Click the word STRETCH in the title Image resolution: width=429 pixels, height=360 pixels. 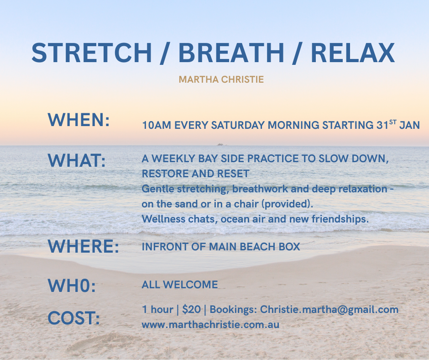pyautogui.click(x=92, y=53)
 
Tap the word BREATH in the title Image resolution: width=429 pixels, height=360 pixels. pyautogui.click(x=231, y=53)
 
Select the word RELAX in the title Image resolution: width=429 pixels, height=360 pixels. pyautogui.click(x=353, y=53)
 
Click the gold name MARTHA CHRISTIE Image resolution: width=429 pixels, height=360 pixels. pyautogui.click(x=221, y=79)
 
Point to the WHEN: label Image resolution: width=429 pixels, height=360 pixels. pyautogui.click(x=79, y=120)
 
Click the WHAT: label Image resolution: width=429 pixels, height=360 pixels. pyautogui.click(x=77, y=160)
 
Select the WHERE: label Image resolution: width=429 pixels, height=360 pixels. pyautogui.click(x=84, y=246)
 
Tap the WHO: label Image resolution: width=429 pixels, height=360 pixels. pyautogui.click(x=72, y=286)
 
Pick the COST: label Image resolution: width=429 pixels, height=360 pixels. pyautogui.click(x=74, y=318)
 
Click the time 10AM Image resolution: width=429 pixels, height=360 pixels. pyautogui.click(x=157, y=125)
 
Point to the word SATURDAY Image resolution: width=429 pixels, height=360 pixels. pyautogui.click(x=238, y=125)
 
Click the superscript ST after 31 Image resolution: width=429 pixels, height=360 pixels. pyautogui.click(x=393, y=122)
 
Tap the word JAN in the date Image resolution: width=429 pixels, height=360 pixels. pyautogui.click(x=409, y=125)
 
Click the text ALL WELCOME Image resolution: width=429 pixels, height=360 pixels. pyautogui.click(x=180, y=285)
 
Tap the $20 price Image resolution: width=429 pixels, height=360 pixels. pyautogui.click(x=192, y=310)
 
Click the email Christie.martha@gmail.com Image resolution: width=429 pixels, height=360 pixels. pyautogui.click(x=329, y=310)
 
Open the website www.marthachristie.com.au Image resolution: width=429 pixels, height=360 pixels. pyautogui.click(x=210, y=325)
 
